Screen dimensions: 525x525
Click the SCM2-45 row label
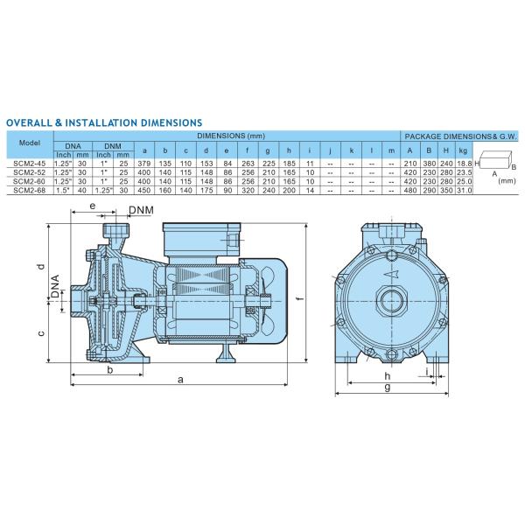pos(29,164)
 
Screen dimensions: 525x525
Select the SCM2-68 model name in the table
pos(29,188)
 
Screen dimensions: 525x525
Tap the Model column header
pos(29,142)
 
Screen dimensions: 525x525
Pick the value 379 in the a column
pos(145,164)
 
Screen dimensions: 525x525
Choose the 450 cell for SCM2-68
pos(145,188)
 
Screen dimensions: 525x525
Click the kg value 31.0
pos(465,188)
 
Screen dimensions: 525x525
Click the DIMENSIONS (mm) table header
pos(230,136)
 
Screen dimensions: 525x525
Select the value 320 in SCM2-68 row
pos(248,188)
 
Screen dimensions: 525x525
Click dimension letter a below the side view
pos(180,380)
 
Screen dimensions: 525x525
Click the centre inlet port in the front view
pos(386,303)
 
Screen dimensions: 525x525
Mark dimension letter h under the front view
pos(386,375)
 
